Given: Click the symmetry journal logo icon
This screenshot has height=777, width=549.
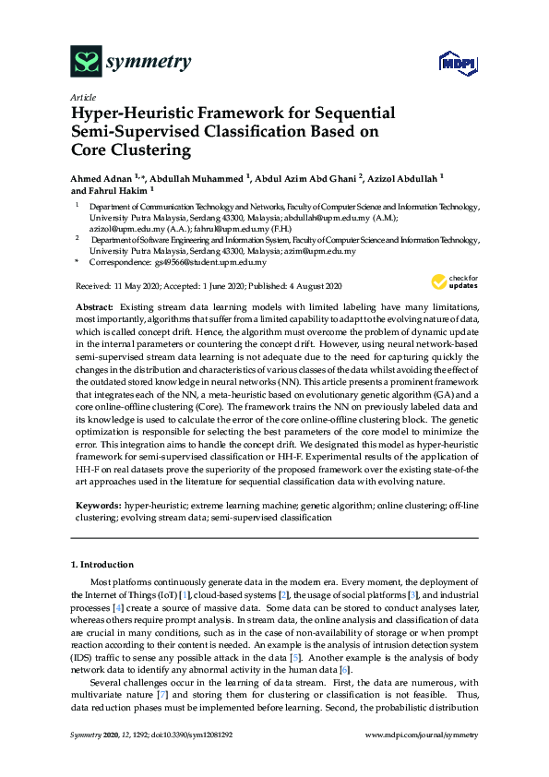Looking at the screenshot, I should coord(87,62).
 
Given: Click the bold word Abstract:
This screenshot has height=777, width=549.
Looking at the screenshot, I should coord(95,305).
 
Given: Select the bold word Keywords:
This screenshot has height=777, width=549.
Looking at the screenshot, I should coord(97,508).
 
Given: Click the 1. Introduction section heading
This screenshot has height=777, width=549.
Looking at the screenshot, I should coord(102,565).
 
